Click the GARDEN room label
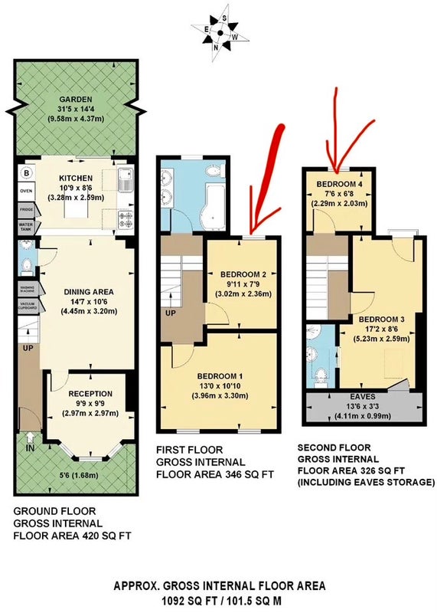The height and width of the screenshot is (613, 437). point(76,100)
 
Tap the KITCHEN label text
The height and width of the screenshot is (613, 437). point(76,179)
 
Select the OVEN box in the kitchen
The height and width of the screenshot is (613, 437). point(27,191)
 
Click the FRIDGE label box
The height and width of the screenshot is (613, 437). point(27,210)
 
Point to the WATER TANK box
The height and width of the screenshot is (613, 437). point(27,227)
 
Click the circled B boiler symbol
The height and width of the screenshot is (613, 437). point(27,173)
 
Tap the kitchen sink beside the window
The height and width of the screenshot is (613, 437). point(126,179)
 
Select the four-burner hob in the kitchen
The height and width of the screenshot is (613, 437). point(126,219)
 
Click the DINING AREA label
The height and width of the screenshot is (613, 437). point(89,292)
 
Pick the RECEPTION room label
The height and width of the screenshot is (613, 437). point(90,394)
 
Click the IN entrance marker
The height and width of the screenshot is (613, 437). point(30,448)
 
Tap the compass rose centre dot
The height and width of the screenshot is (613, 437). point(220,33)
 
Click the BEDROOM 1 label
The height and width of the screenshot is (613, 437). point(220,376)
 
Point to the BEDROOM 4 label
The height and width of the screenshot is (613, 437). point(337,184)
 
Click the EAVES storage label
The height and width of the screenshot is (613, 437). point(363,396)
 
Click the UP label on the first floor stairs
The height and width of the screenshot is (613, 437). point(171,313)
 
